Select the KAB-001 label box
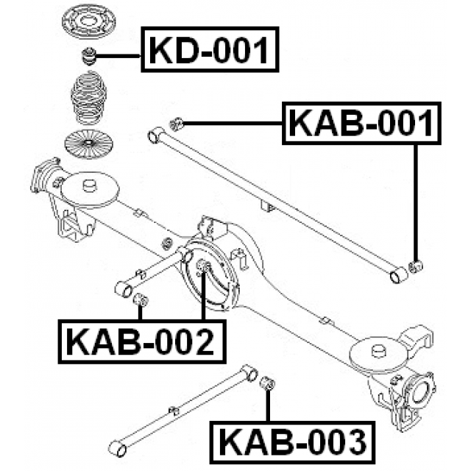click(x=361, y=124)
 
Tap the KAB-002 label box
click(x=141, y=341)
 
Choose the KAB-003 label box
click(x=291, y=442)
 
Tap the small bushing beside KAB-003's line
click(x=269, y=383)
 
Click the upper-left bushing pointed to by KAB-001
click(x=175, y=123)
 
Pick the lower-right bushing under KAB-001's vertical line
click(x=416, y=265)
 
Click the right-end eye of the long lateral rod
click(x=398, y=276)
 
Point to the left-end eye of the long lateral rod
click(x=155, y=135)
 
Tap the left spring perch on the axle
click(x=89, y=188)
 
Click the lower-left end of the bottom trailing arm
click(x=116, y=448)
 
